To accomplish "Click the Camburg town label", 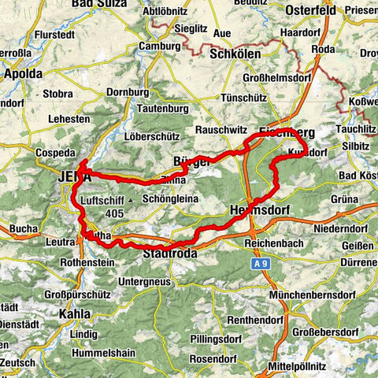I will click(159, 46).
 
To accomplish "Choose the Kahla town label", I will click(74, 313).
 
